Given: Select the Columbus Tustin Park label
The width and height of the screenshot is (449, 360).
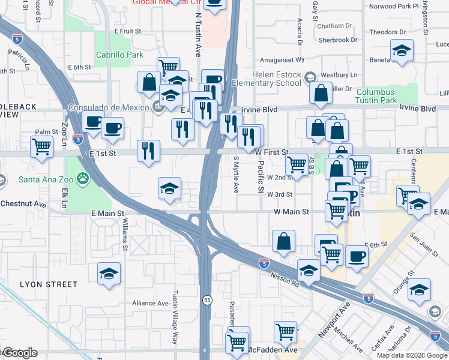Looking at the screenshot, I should pos(385,96).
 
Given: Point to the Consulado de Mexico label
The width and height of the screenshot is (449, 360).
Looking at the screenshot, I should pos(108,107).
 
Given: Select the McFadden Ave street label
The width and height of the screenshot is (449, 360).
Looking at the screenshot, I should pos(273,349).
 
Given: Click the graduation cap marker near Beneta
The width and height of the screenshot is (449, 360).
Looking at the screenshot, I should pos(402,51).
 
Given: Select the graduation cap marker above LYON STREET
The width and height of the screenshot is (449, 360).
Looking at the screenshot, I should pos(109,274).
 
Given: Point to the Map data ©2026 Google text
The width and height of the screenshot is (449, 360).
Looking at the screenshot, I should pos(411,355).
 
